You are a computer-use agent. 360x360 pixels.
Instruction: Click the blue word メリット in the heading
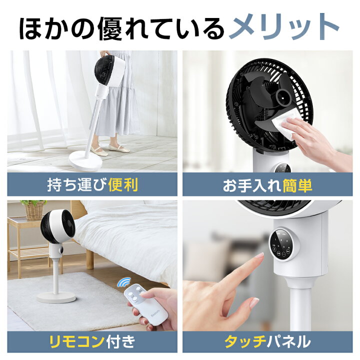point(283,27)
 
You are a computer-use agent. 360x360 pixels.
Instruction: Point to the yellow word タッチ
point(244,342)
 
